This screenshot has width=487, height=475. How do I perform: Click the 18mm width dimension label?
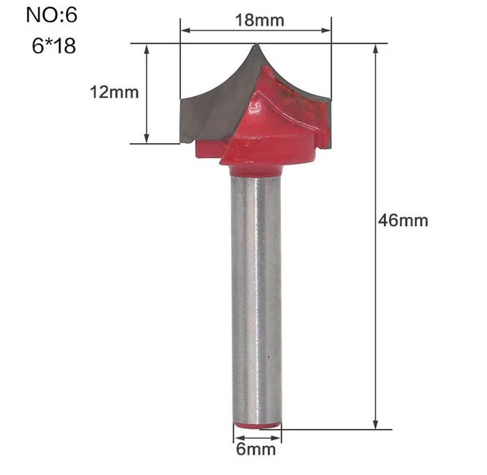pos(260,20)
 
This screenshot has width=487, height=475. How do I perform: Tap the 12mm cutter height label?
pos(114,92)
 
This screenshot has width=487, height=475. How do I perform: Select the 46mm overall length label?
pos(403,220)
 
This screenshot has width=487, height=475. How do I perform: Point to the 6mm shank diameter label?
pos(256,449)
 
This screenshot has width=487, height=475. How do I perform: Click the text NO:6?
pos(51,15)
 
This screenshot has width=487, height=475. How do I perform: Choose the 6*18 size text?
pos(54,46)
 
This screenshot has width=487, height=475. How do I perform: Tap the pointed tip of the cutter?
pos(257,45)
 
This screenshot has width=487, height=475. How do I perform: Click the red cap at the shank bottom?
pos(257,426)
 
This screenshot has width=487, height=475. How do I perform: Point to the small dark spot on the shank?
pos(268,357)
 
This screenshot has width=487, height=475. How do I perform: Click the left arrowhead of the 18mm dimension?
pos(185,31)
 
